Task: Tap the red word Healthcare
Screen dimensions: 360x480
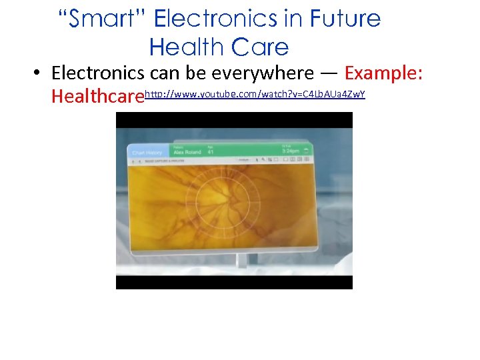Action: pos(97,97)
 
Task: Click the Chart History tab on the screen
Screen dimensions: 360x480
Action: pos(147,153)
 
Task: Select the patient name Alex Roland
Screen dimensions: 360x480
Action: pos(187,152)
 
